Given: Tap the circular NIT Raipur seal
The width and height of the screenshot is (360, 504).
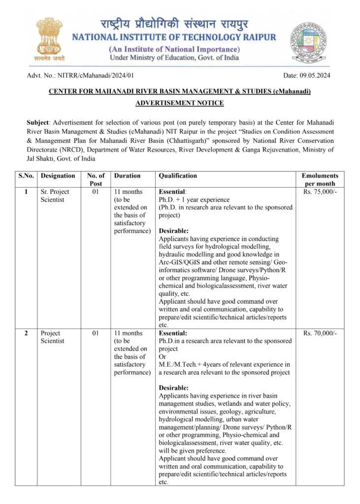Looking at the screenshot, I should (308, 41).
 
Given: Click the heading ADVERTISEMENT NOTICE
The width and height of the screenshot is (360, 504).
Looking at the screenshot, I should (180, 103).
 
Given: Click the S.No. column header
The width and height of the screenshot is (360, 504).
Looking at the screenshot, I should (25, 176).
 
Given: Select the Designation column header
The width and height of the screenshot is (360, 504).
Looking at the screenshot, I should (58, 176).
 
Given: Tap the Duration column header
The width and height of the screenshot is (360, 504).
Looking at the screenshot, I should (127, 176).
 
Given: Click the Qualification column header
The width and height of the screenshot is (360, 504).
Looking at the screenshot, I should (178, 176).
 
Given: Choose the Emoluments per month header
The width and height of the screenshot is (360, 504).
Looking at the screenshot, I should (320, 180).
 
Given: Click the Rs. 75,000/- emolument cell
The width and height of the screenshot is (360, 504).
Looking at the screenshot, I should (320, 192).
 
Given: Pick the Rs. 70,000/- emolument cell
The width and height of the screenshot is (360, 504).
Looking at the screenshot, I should (320, 334).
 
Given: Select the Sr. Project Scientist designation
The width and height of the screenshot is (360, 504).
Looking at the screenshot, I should (55, 196).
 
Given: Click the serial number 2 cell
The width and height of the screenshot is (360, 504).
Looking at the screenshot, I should (26, 334).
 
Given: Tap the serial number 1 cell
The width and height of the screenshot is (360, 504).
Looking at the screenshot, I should (26, 192).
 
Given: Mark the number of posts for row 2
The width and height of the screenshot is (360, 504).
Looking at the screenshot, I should (96, 334).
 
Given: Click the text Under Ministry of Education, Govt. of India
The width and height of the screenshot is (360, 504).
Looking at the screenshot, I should (174, 58).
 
